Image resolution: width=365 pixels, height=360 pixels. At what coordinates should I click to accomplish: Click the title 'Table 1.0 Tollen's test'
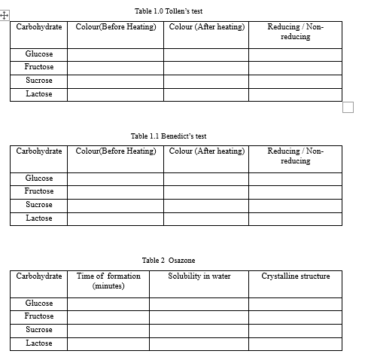click(x=168, y=11)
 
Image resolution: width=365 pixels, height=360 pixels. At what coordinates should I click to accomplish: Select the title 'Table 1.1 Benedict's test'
click(x=168, y=136)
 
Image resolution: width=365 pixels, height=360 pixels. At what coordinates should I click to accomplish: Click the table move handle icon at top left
click(x=5, y=14)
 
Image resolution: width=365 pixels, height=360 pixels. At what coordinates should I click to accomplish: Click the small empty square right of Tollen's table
click(x=347, y=106)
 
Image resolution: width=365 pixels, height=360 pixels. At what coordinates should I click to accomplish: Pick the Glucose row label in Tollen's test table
click(x=39, y=54)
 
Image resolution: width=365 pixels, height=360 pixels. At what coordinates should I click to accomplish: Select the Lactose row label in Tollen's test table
click(x=39, y=94)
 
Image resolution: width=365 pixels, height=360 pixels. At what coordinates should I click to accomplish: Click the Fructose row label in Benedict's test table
click(x=39, y=191)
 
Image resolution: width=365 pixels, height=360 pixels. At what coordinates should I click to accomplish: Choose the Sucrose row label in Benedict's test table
click(x=39, y=205)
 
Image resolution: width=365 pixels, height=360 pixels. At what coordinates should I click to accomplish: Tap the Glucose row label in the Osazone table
click(x=39, y=304)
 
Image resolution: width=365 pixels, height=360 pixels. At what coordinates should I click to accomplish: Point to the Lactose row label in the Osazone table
click(x=39, y=343)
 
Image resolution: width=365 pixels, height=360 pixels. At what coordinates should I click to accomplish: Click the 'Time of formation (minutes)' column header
click(x=108, y=281)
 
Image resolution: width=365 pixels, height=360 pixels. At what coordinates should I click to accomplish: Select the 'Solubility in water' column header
click(x=199, y=276)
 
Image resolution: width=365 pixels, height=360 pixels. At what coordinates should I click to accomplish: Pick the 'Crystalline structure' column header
click(x=295, y=276)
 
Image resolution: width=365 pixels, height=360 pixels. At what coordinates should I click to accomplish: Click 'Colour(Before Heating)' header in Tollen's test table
click(x=116, y=27)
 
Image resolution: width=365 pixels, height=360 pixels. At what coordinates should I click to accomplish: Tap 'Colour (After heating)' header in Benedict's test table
click(x=207, y=151)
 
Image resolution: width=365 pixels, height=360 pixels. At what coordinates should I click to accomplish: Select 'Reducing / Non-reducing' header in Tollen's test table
click(x=295, y=32)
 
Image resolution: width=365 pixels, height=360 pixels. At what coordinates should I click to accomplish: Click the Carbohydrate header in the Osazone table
click(x=39, y=276)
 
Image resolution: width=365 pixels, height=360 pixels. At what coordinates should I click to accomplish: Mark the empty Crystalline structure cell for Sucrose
click(x=295, y=330)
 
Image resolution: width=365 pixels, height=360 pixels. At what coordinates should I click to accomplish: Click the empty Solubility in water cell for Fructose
click(x=199, y=316)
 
